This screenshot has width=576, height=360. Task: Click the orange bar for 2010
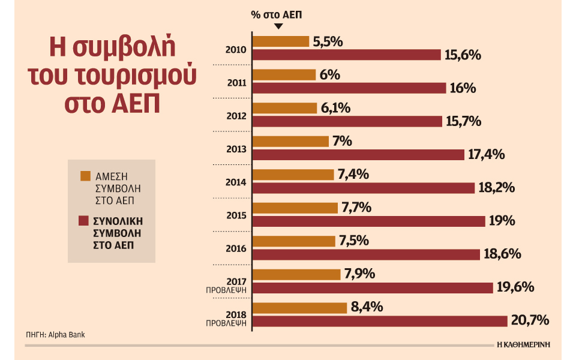281,41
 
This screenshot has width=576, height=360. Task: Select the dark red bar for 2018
379,321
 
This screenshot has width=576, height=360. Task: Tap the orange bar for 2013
291,142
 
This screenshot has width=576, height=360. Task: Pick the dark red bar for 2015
368,221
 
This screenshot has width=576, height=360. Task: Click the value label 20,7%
530,320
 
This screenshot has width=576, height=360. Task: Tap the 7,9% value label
360,274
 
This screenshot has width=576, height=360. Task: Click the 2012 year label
235,115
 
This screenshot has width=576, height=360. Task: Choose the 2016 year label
235,248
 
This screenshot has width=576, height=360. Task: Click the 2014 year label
235,182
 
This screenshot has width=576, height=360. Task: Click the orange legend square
85,176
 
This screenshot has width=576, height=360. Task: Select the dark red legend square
85,222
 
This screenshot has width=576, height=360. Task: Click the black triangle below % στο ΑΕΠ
278,26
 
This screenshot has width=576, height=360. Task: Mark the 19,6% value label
515,287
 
